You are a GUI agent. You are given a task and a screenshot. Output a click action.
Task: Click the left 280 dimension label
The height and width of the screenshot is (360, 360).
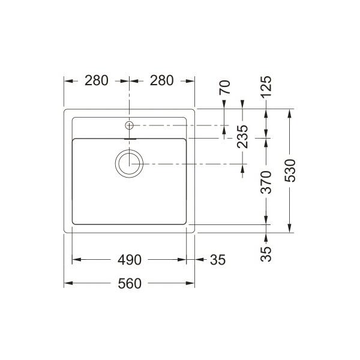(97, 80)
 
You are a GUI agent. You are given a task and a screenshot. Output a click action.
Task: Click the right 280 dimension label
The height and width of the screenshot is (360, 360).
(161, 80)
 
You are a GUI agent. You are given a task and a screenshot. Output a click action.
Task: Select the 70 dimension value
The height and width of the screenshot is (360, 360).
(224, 87)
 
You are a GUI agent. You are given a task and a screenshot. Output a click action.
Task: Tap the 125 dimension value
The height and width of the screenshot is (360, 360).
(266, 86)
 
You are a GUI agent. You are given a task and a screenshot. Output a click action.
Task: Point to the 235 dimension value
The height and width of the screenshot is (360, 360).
(242, 136)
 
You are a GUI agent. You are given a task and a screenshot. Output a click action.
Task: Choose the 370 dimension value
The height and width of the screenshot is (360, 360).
(266, 182)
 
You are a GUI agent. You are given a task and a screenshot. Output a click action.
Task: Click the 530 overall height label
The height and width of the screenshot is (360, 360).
(290, 170)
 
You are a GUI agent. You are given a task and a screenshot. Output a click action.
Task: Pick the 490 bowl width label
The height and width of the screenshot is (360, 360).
(130, 260)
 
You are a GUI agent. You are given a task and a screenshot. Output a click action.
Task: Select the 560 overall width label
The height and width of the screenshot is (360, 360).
(130, 283)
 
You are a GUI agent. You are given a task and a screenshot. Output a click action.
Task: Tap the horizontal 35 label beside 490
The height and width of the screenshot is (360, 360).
(218, 260)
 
